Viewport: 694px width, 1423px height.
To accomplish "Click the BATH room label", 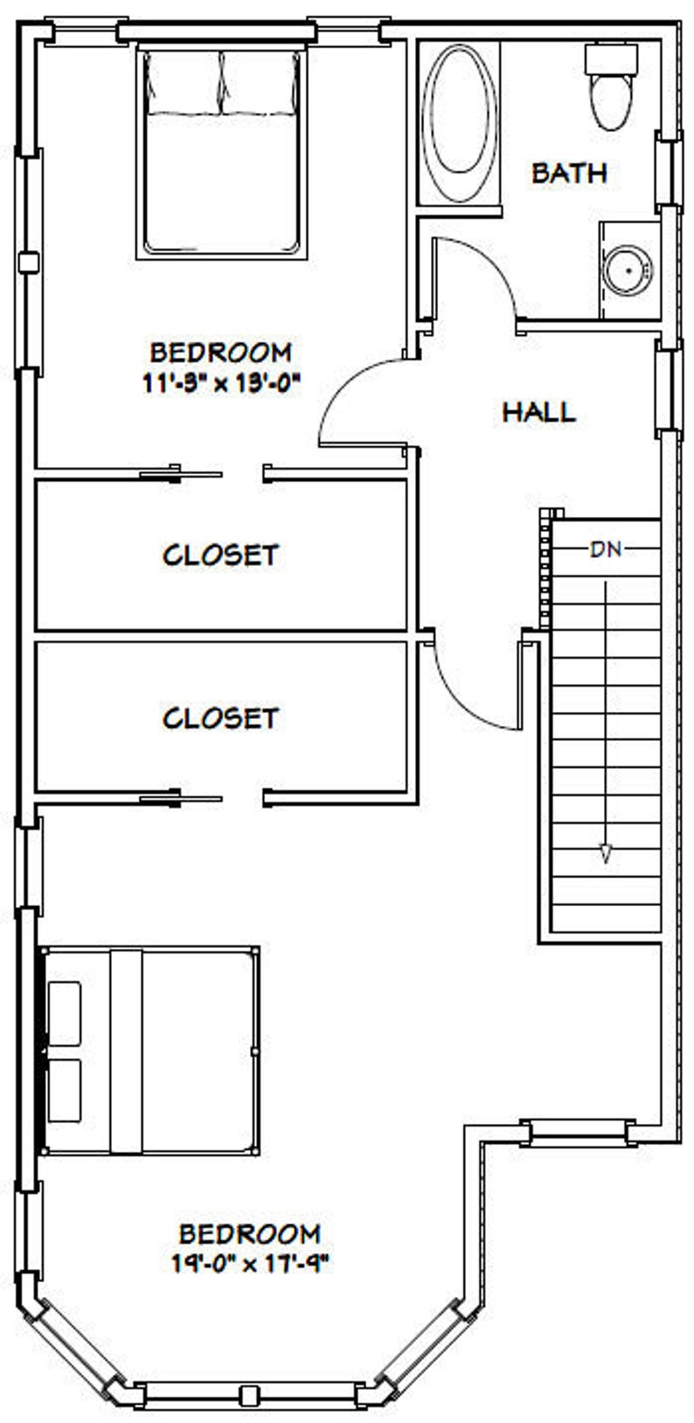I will (x=569, y=172).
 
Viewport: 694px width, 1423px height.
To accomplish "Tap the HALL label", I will (x=538, y=411).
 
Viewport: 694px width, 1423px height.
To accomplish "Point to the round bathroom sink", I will (x=628, y=269).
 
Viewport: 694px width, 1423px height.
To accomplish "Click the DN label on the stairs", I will (x=606, y=550).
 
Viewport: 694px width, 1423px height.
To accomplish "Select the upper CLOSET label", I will (x=220, y=555).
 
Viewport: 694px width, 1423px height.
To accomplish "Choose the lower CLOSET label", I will (x=220, y=718).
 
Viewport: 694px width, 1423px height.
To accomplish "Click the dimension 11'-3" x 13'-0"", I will (x=221, y=383).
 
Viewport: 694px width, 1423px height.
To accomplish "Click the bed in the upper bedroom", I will (x=222, y=153).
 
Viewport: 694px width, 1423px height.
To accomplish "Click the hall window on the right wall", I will (x=669, y=389).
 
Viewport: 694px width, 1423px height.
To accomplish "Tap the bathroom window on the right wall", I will (x=669, y=171).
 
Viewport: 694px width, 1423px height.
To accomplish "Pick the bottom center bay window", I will (x=250, y=1392).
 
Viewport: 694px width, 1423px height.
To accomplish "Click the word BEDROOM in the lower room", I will (x=249, y=1234).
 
